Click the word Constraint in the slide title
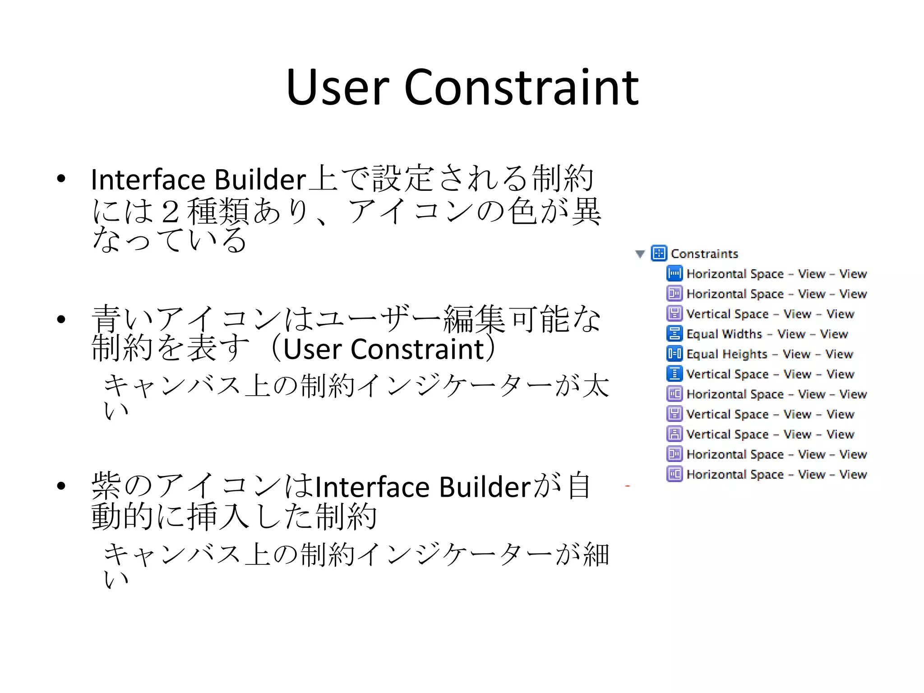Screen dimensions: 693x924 click(x=522, y=88)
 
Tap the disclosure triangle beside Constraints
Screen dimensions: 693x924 click(x=640, y=254)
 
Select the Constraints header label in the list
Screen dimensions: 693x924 click(x=704, y=254)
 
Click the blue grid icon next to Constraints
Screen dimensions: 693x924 click(x=659, y=254)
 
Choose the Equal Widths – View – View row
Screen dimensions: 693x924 click(x=767, y=334)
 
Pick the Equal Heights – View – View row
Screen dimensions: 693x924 click(x=770, y=354)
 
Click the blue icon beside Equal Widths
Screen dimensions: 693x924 click(x=675, y=334)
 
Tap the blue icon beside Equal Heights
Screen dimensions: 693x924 click(x=675, y=354)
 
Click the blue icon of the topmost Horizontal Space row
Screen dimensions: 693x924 click(x=675, y=274)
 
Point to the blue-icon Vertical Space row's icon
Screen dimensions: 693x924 click(x=675, y=374)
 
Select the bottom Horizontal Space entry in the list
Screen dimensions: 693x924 click(x=776, y=475)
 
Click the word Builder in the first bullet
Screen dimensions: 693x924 click(x=260, y=180)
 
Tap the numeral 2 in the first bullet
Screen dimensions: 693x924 click(x=170, y=212)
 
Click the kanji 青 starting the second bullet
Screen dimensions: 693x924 click(x=106, y=319)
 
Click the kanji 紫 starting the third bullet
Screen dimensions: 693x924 click(x=106, y=486)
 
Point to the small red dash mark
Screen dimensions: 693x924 click(x=627, y=486)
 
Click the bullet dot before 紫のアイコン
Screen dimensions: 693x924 click(x=61, y=486)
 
